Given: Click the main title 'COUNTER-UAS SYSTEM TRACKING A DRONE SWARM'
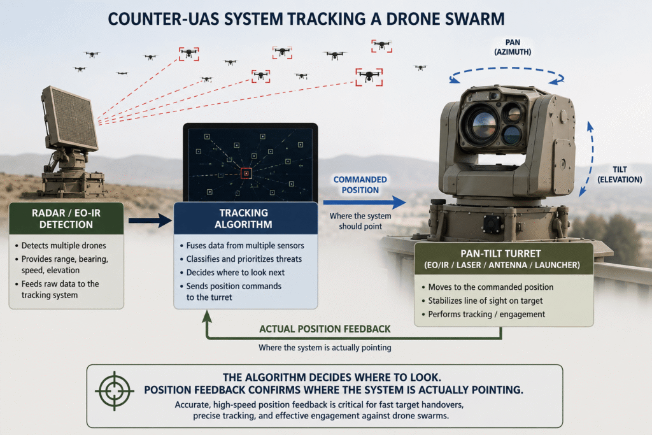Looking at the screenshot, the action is point(306,19).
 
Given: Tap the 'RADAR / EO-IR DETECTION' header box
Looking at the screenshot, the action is point(66,218).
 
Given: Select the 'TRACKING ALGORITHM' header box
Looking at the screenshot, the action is point(245,218).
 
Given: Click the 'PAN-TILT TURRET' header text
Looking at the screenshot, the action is point(500,253).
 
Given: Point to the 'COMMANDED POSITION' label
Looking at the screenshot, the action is point(360,185).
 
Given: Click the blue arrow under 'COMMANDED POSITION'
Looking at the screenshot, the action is point(365,203).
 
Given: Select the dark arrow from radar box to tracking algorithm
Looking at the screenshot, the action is point(150,220).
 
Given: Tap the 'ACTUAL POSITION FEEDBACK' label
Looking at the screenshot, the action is point(325,329).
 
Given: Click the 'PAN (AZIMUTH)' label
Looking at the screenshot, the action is point(513,47).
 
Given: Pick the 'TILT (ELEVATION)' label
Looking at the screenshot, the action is point(620,175).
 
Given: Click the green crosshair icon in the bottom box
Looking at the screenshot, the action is point(115,391).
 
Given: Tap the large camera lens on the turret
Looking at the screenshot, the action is point(482,124).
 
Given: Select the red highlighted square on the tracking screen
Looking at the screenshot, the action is point(246,173).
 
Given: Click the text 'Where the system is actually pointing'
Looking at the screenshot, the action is point(325,347).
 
